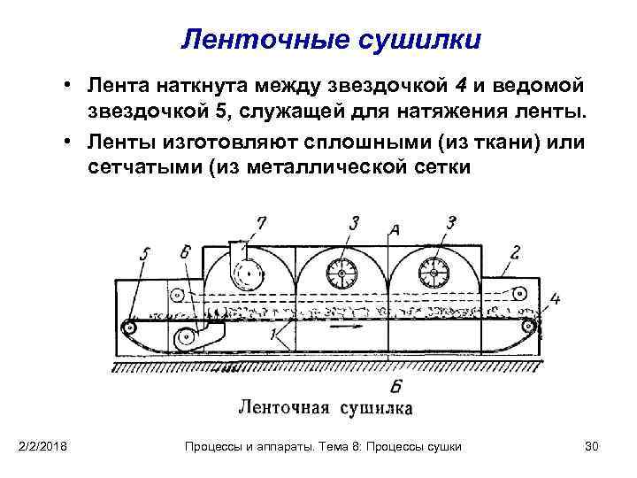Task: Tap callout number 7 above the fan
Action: pyautogui.click(x=260, y=221)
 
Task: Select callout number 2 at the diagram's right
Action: pyautogui.click(x=515, y=251)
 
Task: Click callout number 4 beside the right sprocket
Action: pyautogui.click(x=554, y=298)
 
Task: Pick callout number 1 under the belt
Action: pyautogui.click(x=275, y=336)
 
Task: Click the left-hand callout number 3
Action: pyautogui.click(x=353, y=222)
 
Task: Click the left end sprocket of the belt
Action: pyautogui.click(x=130, y=327)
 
